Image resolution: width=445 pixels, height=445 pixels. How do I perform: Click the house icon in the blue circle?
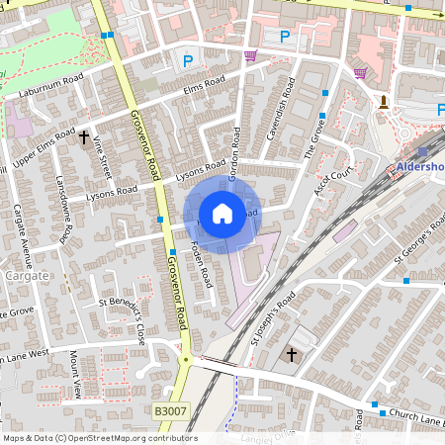pos(222,213)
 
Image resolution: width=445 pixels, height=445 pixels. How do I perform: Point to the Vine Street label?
pos(101,158)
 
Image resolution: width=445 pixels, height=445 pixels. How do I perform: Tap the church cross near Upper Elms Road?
pos(84,137)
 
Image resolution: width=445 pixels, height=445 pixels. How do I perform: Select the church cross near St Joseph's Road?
pos(292,354)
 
